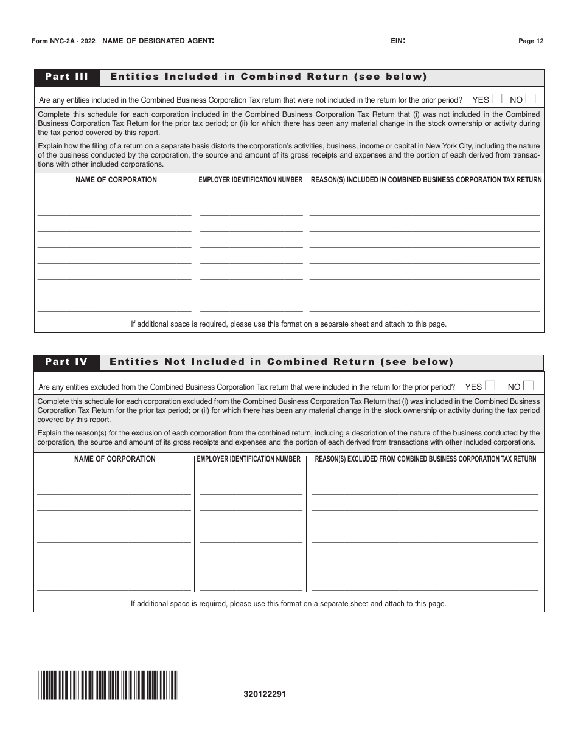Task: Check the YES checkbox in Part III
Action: tap(497, 99)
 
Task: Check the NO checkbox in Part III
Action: tap(531, 99)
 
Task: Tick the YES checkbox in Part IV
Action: tap(490, 386)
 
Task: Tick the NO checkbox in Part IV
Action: tap(528, 386)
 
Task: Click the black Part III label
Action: tap(66, 77)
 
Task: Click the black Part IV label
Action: tap(66, 362)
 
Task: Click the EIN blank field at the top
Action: tap(462, 41)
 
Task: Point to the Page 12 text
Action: tap(531, 41)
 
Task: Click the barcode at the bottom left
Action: tap(108, 685)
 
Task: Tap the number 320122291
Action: tap(264, 694)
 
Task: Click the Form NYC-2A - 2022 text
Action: tap(64, 41)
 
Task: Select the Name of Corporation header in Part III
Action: tap(116, 180)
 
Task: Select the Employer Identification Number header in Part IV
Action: tap(249, 459)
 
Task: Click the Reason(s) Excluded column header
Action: tap(425, 459)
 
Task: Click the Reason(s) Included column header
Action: tap(426, 180)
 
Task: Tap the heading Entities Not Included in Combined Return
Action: tap(281, 362)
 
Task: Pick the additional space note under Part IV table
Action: tap(288, 604)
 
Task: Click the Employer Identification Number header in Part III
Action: tap(250, 180)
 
